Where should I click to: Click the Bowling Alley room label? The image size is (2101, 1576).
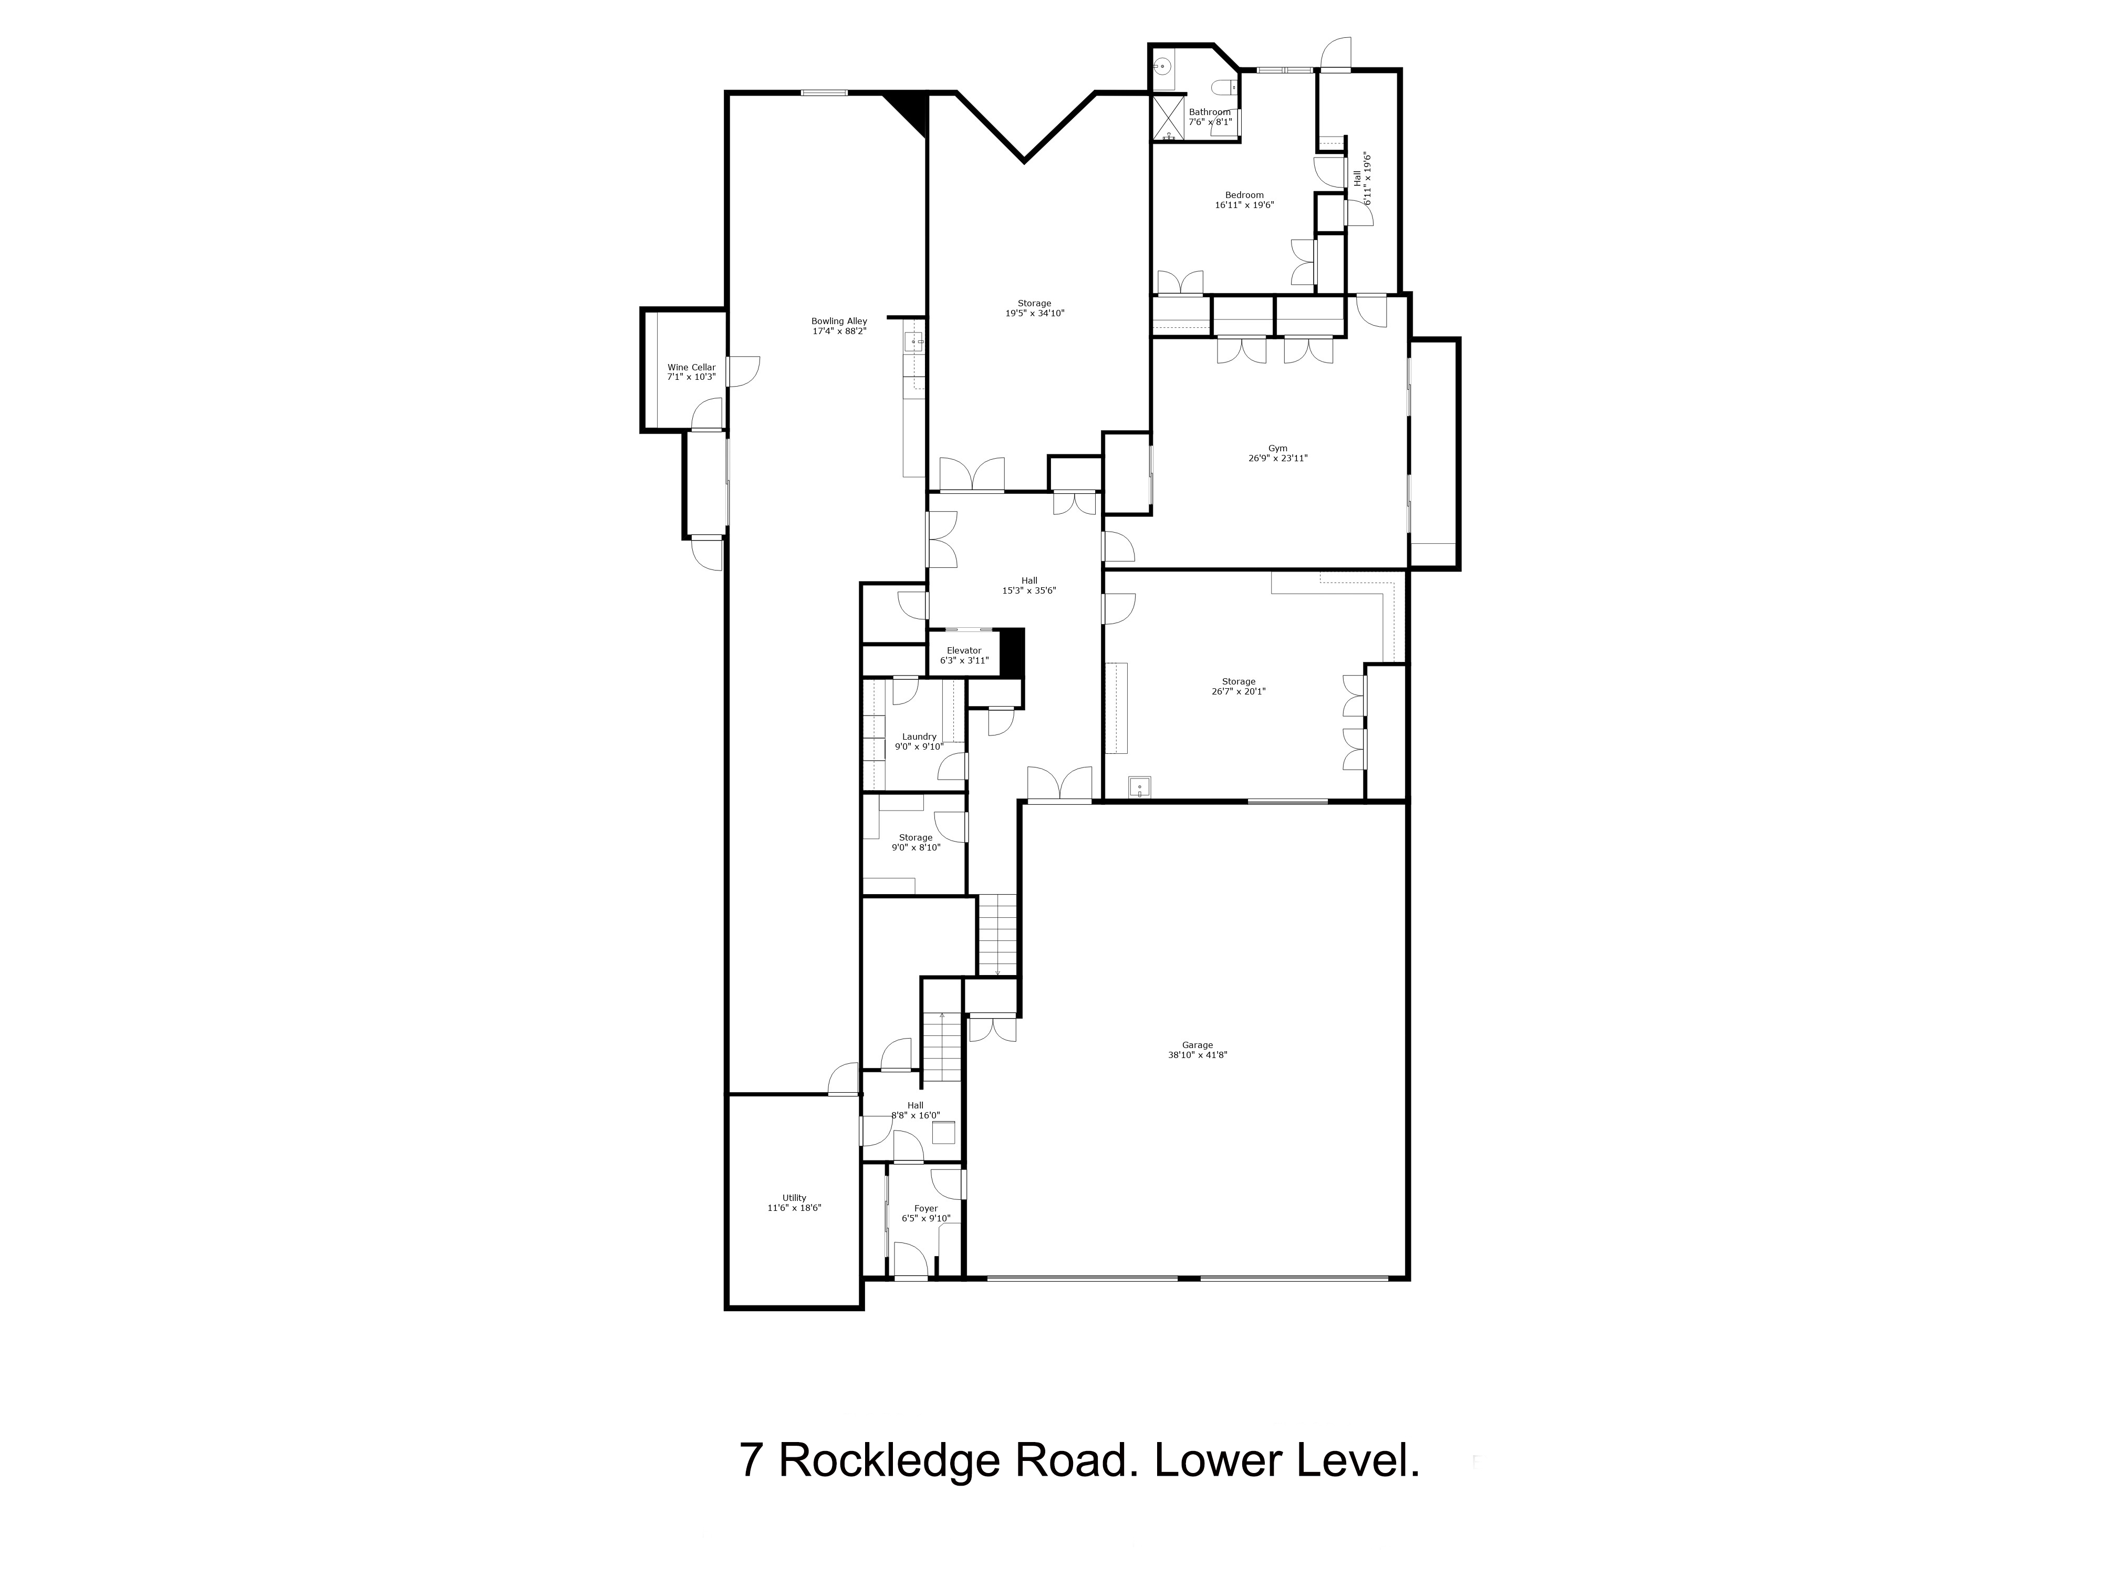click(839, 321)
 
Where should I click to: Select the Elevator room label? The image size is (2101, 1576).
click(963, 651)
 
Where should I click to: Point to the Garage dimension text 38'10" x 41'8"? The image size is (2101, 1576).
click(1198, 1054)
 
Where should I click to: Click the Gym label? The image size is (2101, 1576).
click(1277, 449)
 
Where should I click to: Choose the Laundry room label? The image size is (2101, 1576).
click(919, 736)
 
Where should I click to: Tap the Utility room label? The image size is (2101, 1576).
click(794, 1198)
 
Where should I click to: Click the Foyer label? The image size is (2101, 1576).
click(925, 1208)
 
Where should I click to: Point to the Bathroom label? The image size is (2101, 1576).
click(1209, 112)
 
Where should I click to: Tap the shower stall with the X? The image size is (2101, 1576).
click(1167, 117)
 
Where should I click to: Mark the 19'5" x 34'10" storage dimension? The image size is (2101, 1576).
click(1034, 314)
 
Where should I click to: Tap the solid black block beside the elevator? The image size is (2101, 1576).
click(1013, 652)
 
